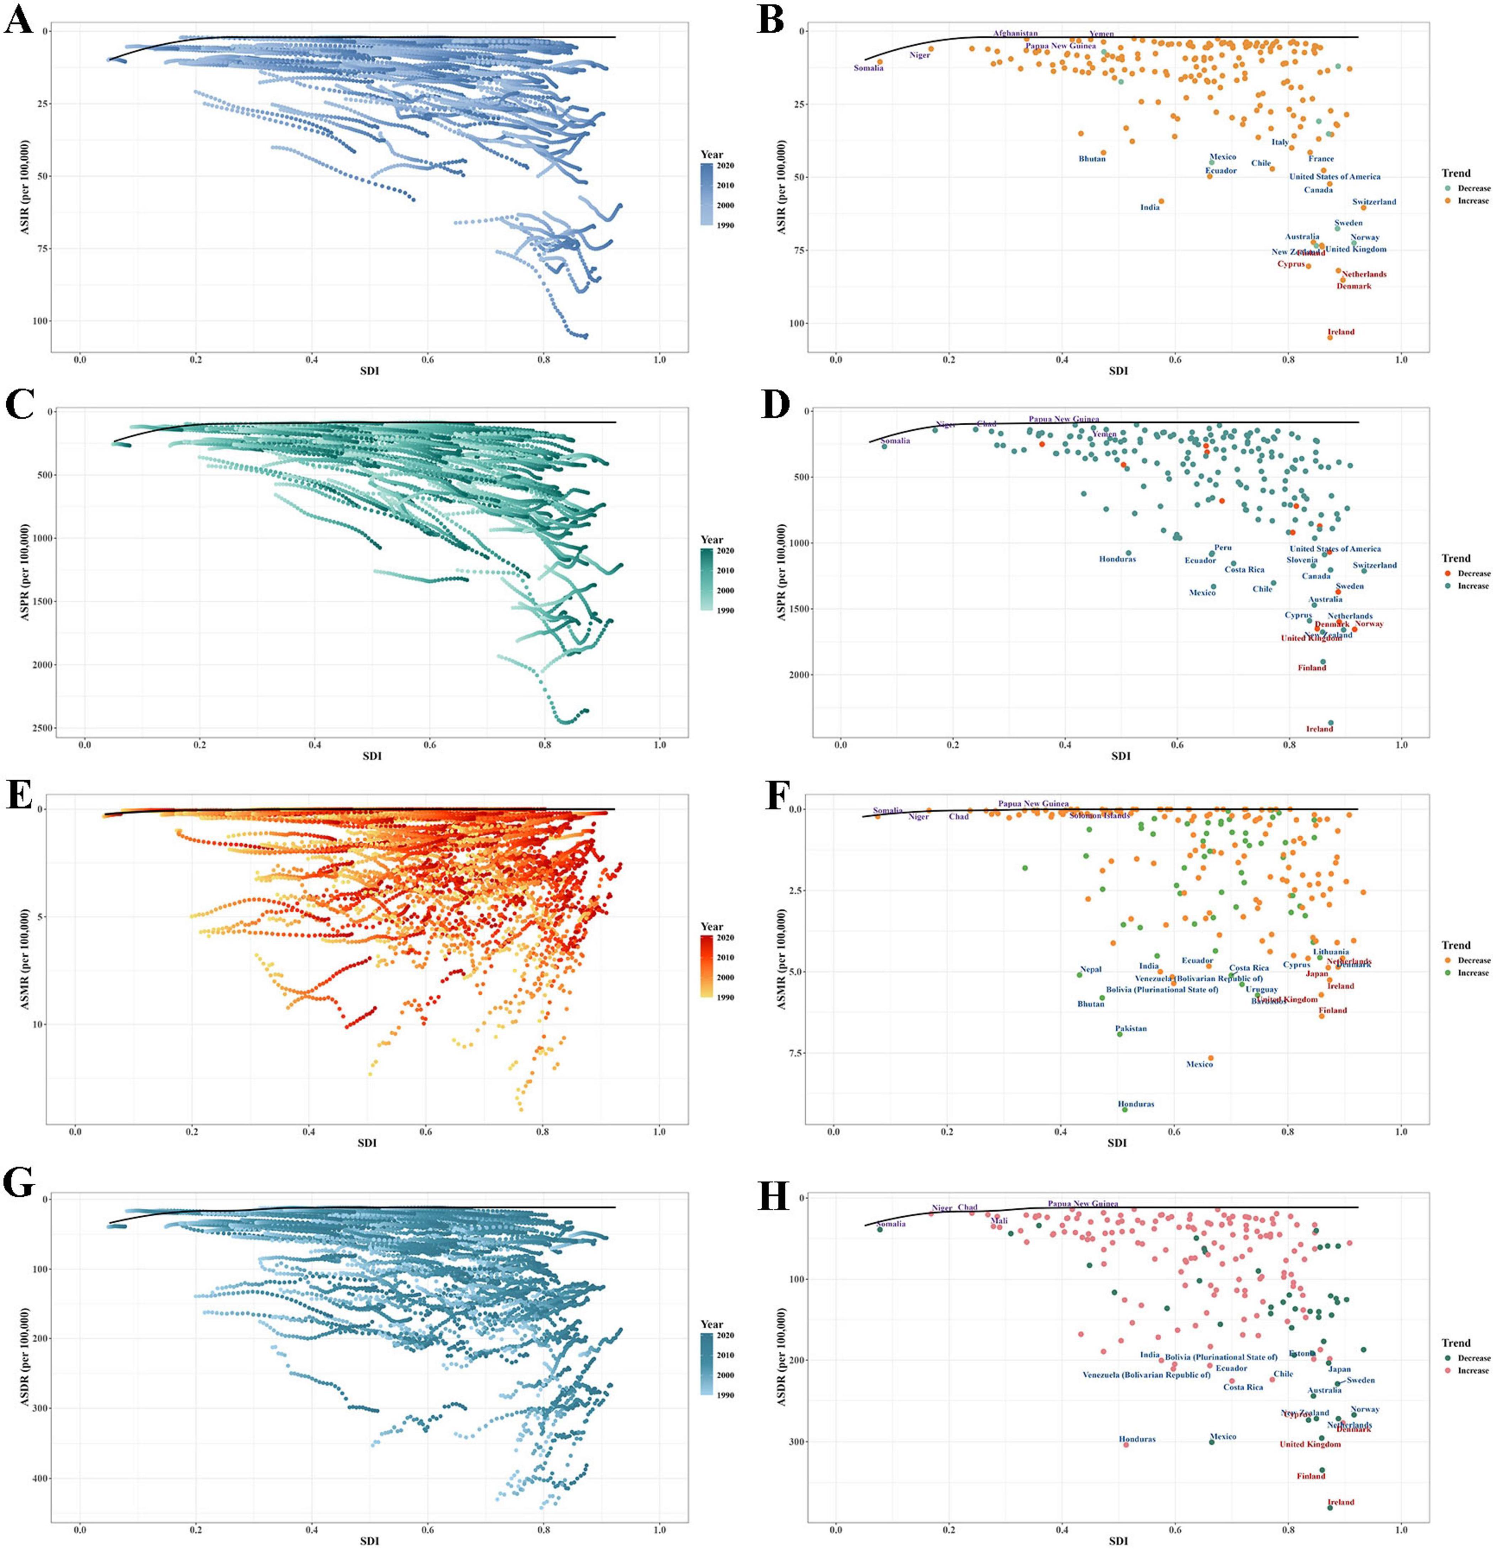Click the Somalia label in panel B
click(868, 68)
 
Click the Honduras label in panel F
click(1136, 1104)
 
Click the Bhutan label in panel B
click(1092, 159)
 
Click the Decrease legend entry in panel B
click(1473, 188)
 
